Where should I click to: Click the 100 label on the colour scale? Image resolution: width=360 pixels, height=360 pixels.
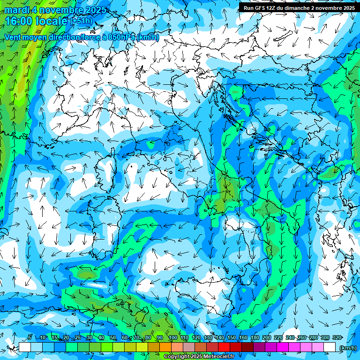pos(172,338)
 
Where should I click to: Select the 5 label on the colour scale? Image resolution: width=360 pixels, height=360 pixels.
pos(30,338)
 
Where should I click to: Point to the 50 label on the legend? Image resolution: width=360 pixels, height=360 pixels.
pos(113,338)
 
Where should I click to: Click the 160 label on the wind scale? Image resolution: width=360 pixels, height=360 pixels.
pos(243,338)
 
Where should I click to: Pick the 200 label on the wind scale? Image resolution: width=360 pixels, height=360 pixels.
pos(267,338)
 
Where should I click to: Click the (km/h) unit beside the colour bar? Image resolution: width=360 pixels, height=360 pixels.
pos(348,348)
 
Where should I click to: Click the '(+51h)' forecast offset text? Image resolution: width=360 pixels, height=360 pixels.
pos(82,21)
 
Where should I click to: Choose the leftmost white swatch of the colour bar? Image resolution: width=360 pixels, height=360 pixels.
pos(25,347)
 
